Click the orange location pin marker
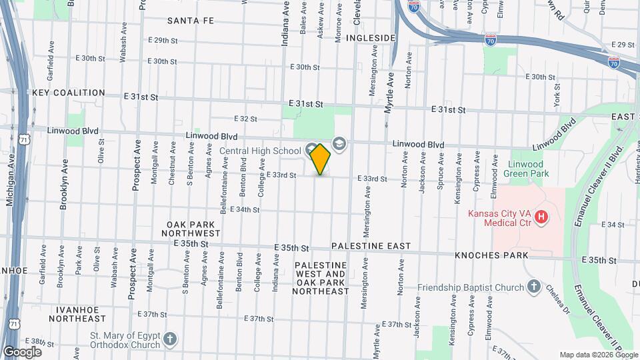321,159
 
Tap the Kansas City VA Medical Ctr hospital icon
541,217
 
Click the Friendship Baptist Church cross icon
533,288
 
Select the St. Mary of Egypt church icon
170,339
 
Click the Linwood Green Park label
525,168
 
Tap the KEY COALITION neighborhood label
69,93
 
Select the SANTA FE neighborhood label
191,21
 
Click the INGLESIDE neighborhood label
372,38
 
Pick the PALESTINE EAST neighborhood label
371,246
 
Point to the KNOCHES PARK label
491,255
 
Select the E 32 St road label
246,119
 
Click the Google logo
22,351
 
